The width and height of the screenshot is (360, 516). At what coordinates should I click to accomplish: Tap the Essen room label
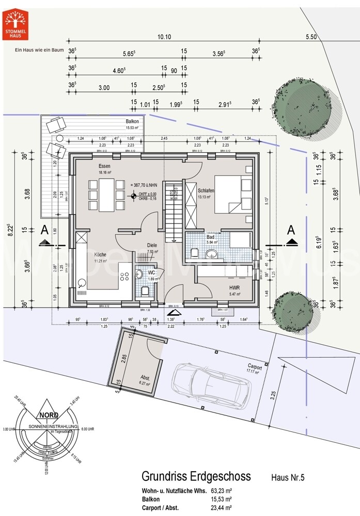pos(105,166)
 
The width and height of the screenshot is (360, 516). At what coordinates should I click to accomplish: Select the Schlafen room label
pos(206,190)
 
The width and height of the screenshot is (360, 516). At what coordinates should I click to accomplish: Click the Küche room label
pos(100,254)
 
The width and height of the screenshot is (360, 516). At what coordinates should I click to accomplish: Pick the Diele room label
pos(151,246)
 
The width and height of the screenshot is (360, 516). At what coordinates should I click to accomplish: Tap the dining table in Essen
pos(106,195)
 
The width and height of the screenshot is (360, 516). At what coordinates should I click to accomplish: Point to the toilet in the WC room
pos(146,292)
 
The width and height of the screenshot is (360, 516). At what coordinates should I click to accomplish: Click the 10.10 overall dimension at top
pos(164,37)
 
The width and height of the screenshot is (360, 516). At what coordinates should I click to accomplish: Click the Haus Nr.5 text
pos(288,478)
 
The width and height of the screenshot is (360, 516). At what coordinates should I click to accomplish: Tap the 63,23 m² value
pos(221,491)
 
